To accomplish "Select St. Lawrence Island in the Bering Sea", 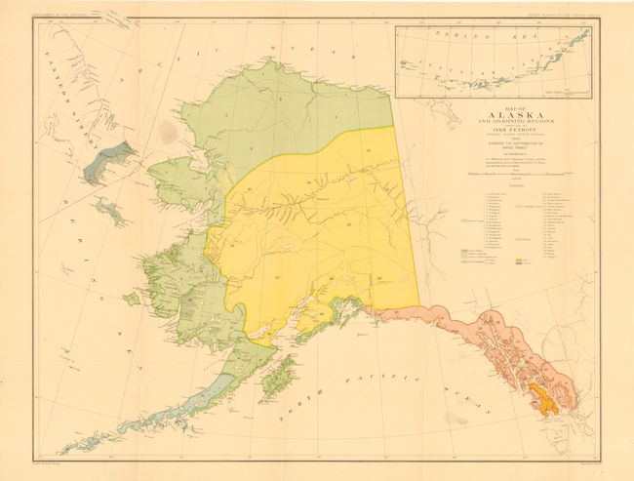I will click(x=109, y=211).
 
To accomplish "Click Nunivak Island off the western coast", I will click(x=132, y=299).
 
